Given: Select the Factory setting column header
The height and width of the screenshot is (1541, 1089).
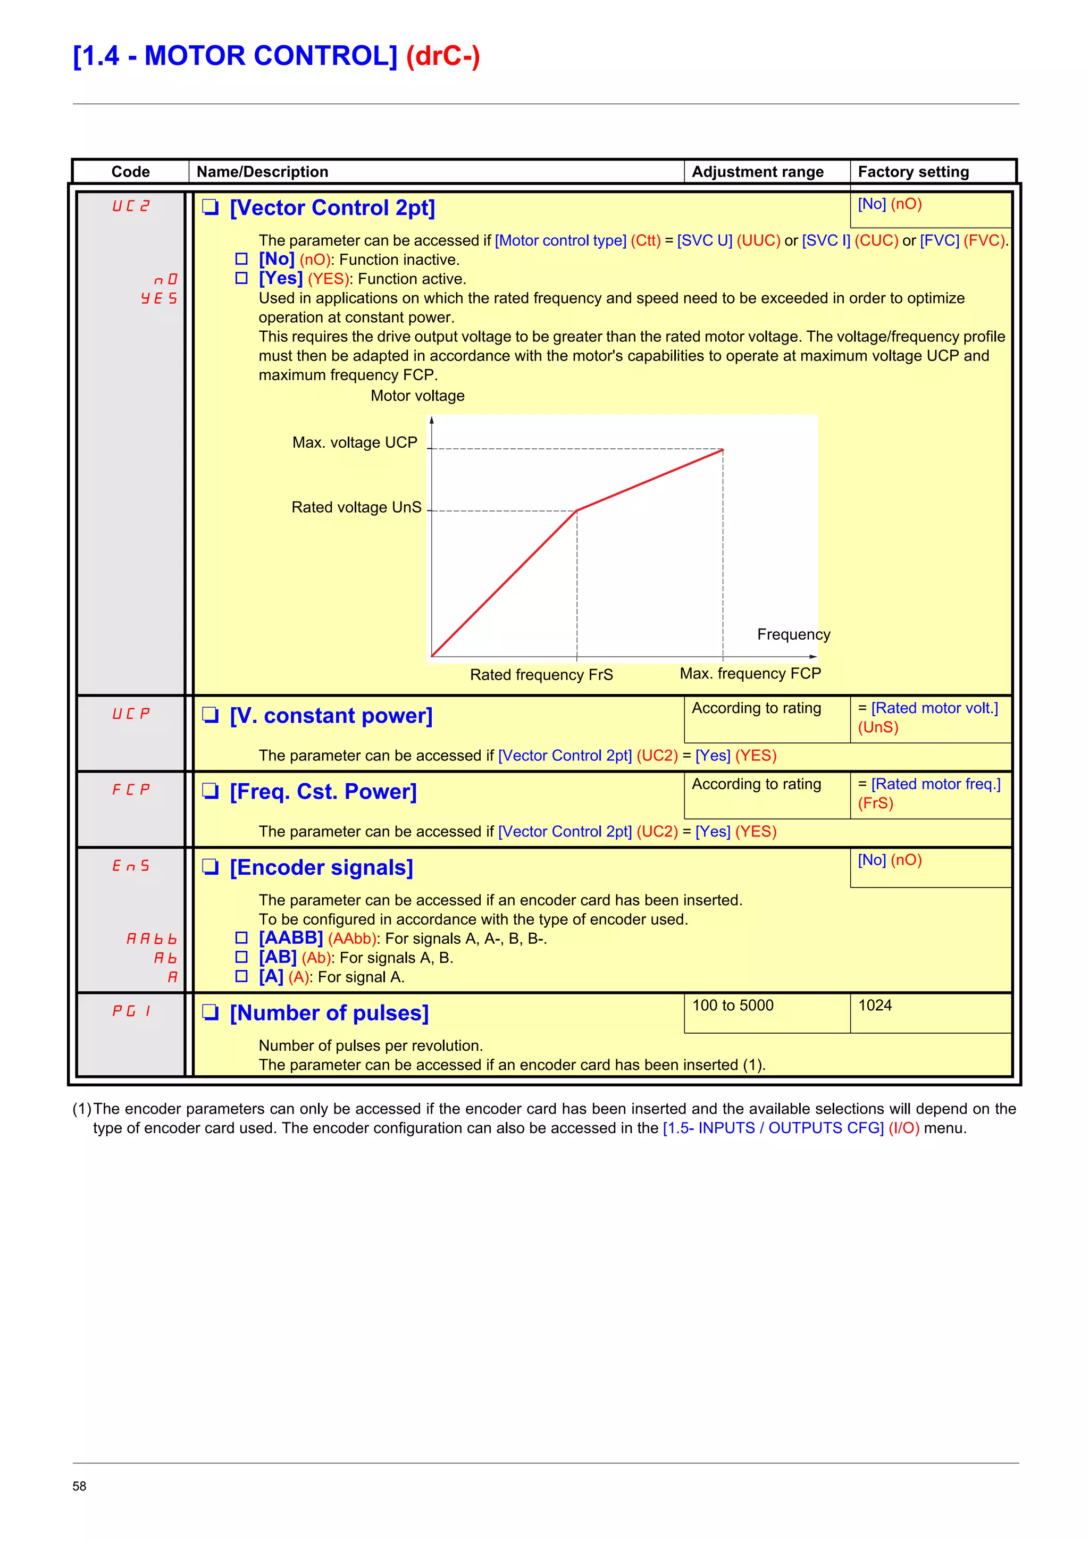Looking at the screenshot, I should pos(912,172).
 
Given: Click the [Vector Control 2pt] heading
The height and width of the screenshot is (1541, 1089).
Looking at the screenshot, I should pos(332,208).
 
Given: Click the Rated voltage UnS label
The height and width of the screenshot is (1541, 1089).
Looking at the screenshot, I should pos(356,507).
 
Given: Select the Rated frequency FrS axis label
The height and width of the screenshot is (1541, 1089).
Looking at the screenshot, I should pos(541,675).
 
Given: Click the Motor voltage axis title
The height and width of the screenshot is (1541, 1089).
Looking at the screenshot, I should pos(417,396).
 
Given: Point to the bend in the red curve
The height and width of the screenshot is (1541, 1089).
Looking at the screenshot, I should pos(576,511).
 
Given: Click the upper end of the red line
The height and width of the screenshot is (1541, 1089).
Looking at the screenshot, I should pos(722,450).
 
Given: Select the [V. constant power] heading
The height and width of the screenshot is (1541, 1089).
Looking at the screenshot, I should pos(331,716).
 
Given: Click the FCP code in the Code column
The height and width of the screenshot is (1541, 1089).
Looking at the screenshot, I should pos(131,790).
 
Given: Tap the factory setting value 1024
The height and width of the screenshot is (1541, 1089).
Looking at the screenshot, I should pos(875,1006).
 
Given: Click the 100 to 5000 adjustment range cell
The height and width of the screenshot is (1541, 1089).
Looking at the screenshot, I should pos(733,1006).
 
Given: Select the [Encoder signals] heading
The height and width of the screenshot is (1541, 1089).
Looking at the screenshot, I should pos(321,867).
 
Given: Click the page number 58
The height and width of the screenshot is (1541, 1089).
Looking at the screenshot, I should pos(79,1486).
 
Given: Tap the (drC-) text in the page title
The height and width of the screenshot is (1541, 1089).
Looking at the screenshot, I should pos(443,56).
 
